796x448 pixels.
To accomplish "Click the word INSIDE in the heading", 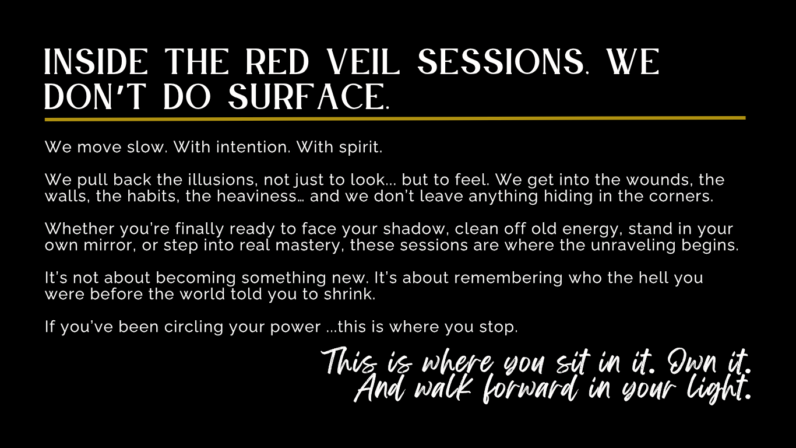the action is click(96, 62).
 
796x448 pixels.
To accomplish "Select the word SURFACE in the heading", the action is click(308, 96).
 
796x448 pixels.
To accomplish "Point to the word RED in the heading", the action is click(277, 62).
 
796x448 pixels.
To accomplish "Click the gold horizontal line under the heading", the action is click(395, 119).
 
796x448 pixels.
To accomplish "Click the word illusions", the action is click(223, 180).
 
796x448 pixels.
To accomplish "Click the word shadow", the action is click(414, 229).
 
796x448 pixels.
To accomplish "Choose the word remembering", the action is click(509, 278).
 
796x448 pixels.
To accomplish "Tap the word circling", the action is click(193, 327).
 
